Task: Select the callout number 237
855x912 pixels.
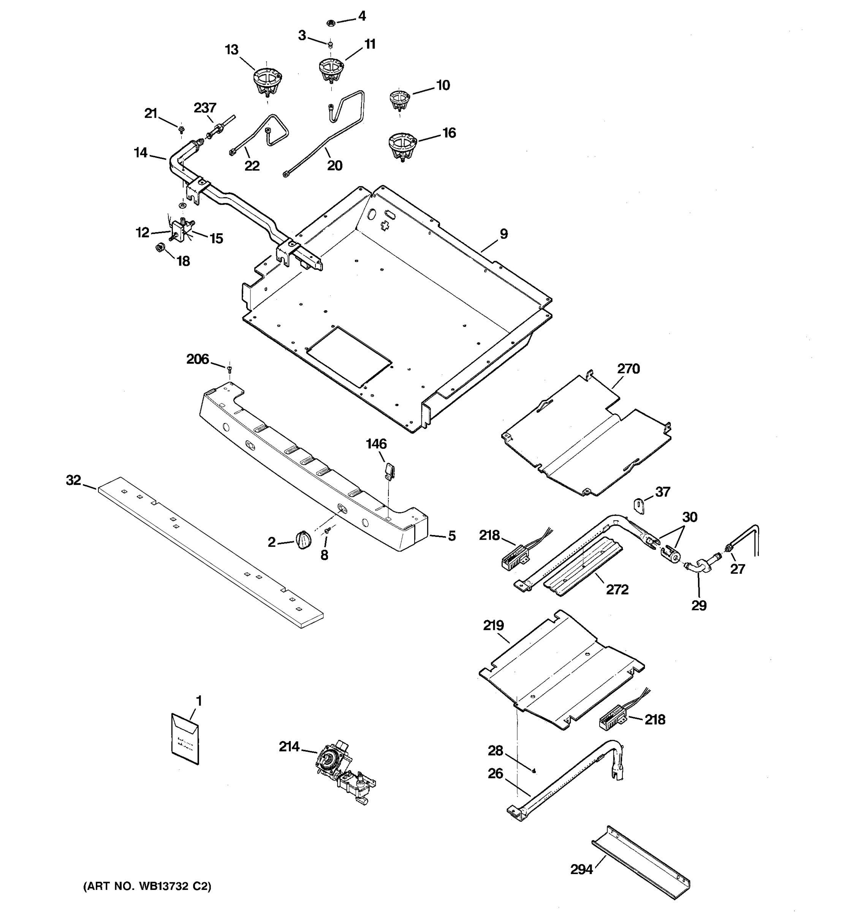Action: (204, 108)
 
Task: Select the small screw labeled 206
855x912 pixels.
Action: (230, 367)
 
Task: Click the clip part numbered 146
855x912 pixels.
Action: (389, 470)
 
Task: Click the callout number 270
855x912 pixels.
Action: (628, 369)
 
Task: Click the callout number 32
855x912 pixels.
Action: (73, 480)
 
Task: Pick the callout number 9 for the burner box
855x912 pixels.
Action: (503, 234)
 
